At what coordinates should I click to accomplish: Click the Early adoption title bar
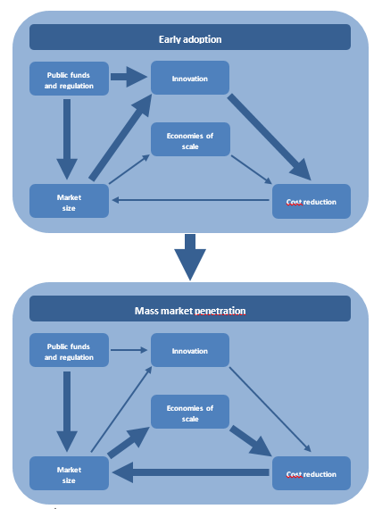coord(189,38)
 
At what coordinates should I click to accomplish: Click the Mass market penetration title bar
coord(189,310)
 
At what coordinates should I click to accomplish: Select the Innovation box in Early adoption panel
coord(190,78)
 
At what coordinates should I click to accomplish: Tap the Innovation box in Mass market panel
coord(190,350)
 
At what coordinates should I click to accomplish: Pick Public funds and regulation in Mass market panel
coord(69,350)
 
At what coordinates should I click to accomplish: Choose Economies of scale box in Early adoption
coord(190,139)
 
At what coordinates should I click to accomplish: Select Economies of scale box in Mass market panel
coord(190,413)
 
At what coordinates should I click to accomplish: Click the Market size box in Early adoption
coord(69,200)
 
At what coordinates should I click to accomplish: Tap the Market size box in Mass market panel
coord(69,472)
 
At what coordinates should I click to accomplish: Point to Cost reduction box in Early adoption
coord(311,201)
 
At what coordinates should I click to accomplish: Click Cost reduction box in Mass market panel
coord(311,473)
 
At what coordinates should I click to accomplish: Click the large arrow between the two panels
coord(189,257)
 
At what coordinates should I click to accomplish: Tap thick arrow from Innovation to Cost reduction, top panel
coord(268,134)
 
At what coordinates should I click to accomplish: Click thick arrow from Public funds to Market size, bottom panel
coord(69,411)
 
